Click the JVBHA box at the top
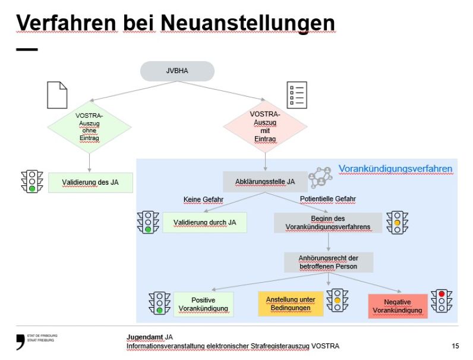[x=177, y=71]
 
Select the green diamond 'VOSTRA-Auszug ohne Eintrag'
[x=89, y=127]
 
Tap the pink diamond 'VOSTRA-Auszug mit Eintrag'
[x=265, y=127]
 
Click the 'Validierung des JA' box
[x=90, y=182]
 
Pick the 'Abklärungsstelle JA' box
[x=266, y=182]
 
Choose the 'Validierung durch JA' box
[x=204, y=222]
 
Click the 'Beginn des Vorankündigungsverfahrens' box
[x=327, y=223]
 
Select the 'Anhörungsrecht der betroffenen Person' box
[x=328, y=262]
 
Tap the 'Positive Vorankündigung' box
[x=203, y=305]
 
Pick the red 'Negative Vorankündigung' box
[x=398, y=306]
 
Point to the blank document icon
[x=57, y=95]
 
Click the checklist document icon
[x=297, y=95]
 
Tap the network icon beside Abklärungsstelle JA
[x=321, y=177]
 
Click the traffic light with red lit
[x=442, y=301]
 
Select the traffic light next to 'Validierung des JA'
[x=31, y=181]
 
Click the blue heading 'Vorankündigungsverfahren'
[x=395, y=169]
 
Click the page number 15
[x=455, y=345]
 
